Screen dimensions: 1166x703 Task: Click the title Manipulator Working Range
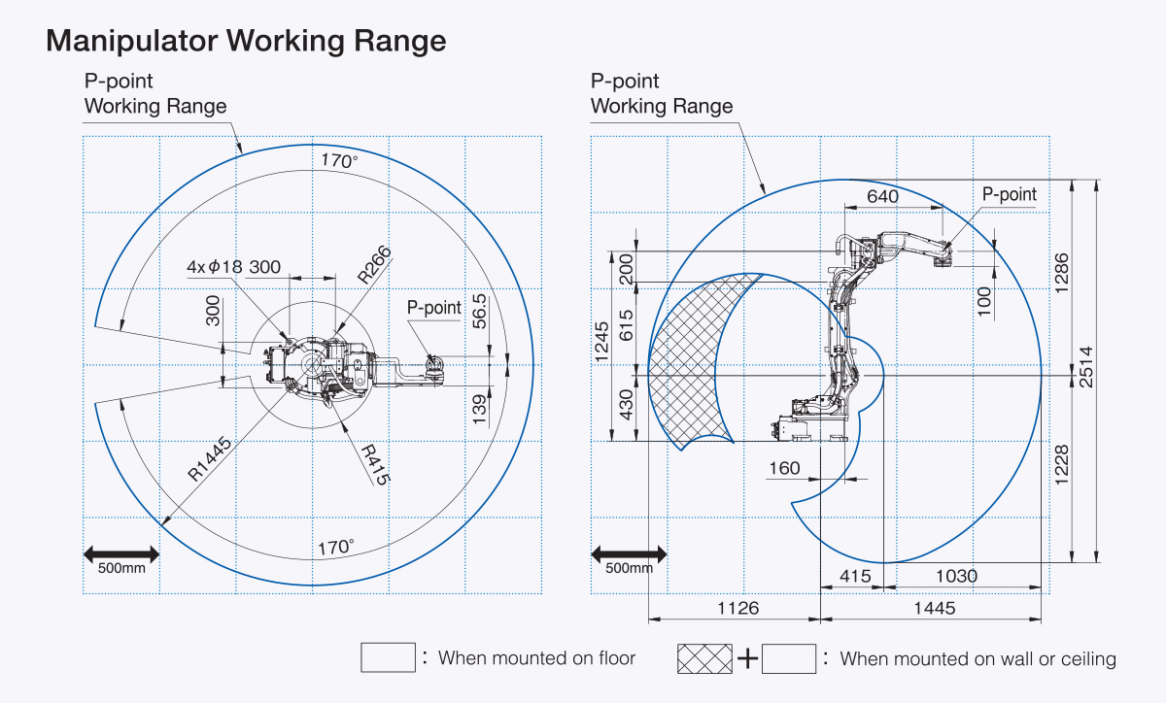point(246,41)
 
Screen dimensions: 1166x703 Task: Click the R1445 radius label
point(209,459)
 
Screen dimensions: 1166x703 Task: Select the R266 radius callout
point(374,264)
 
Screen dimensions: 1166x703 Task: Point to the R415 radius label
point(376,465)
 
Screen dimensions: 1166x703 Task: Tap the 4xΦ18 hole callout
point(215,267)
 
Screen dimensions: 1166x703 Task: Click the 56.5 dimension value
point(479,312)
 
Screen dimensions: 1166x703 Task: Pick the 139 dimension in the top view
point(479,409)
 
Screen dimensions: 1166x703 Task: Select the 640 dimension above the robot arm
point(883,197)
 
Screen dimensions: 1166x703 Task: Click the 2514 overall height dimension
point(1086,367)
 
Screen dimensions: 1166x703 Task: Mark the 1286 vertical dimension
point(1061,273)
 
